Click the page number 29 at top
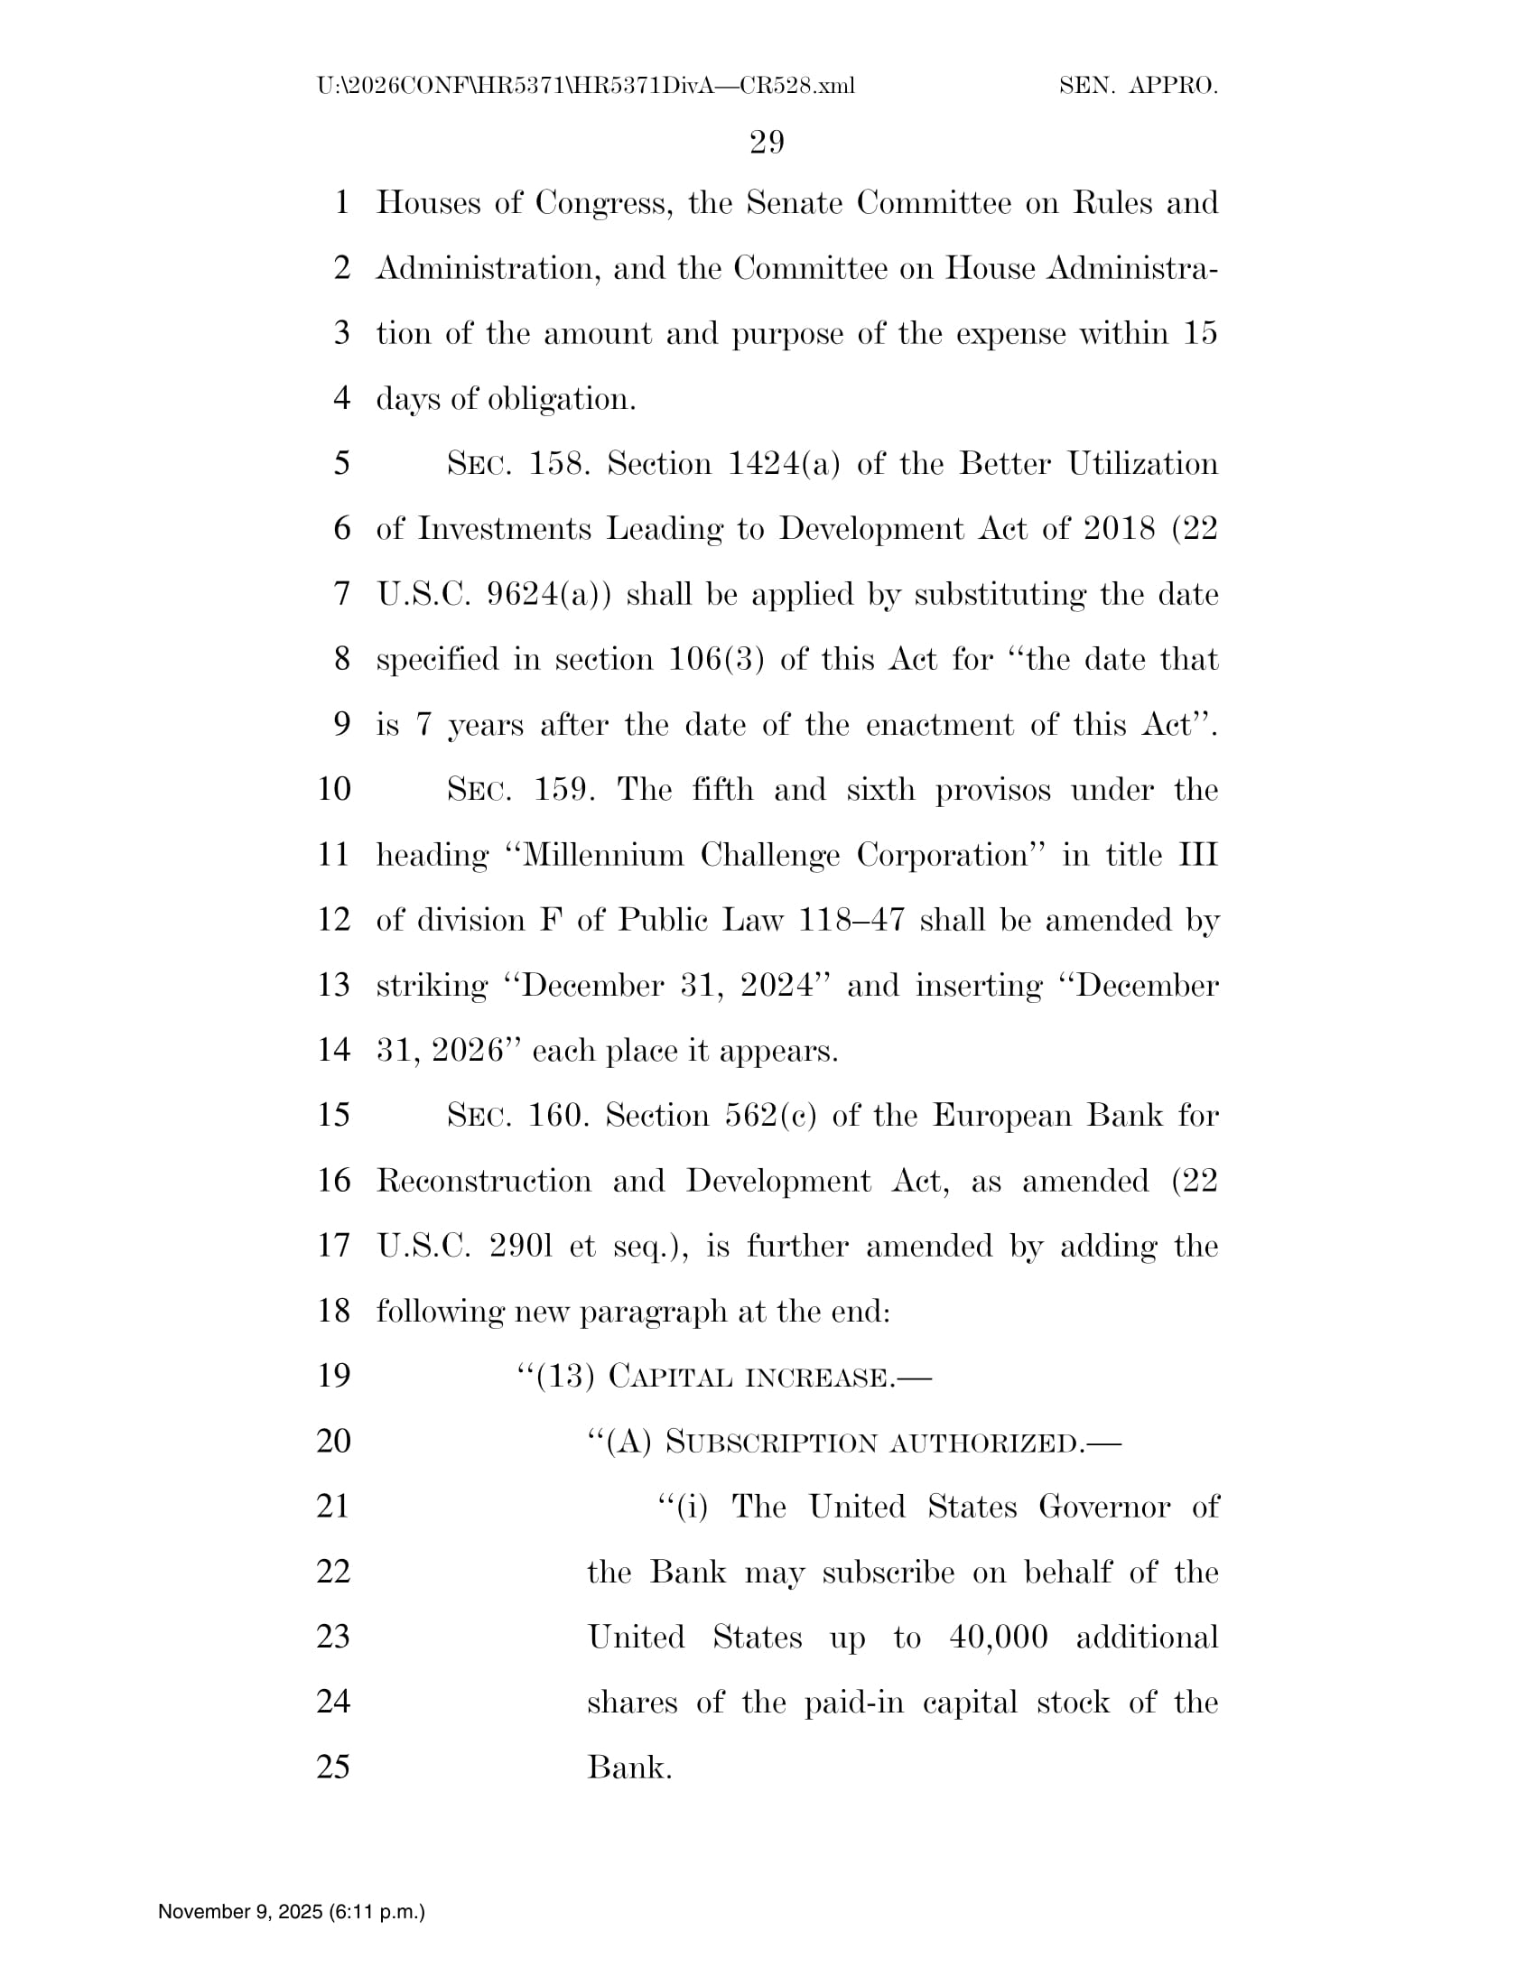767,142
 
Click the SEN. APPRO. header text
1138,87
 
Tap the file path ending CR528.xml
586,87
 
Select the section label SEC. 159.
521,789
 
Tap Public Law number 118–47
851,920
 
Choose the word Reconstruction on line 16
483,1181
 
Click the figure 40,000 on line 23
999,1638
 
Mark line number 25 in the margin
333,1767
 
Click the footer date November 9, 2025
239,1911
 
